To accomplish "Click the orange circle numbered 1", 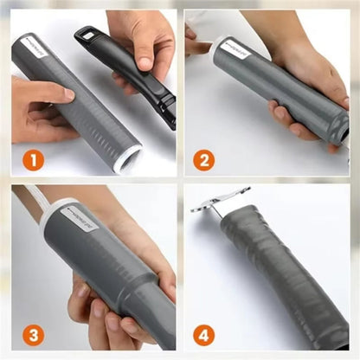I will coord(32,159).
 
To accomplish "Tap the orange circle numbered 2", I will coord(204,159).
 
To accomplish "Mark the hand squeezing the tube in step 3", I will coord(104,303).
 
